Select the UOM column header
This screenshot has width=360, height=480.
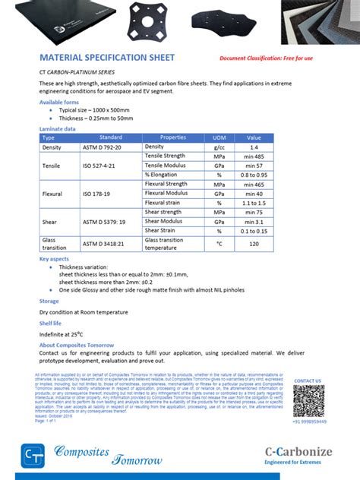tap(219, 137)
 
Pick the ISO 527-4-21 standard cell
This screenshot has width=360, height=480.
tap(99, 165)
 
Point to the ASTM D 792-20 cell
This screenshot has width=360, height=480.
tap(101, 147)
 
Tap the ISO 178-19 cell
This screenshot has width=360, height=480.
tap(98, 194)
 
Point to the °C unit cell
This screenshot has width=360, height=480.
tap(219, 244)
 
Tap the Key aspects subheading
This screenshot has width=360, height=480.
tap(55, 259)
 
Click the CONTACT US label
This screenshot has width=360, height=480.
tap(308, 381)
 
